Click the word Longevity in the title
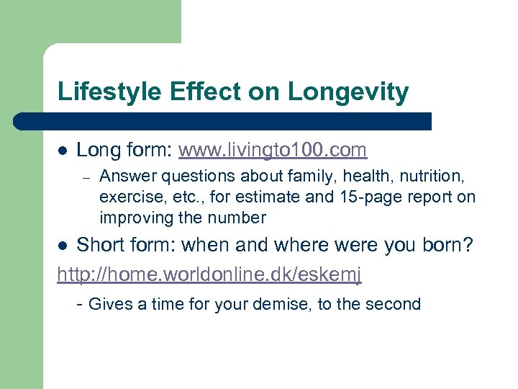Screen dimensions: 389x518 [348, 92]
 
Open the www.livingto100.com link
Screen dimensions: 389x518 [273, 150]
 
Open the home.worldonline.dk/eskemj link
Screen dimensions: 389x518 [209, 274]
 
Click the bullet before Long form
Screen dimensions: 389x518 [63, 151]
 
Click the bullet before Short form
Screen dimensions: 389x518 [63, 246]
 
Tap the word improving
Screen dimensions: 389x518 [134, 218]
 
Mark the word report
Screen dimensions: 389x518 [427, 197]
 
